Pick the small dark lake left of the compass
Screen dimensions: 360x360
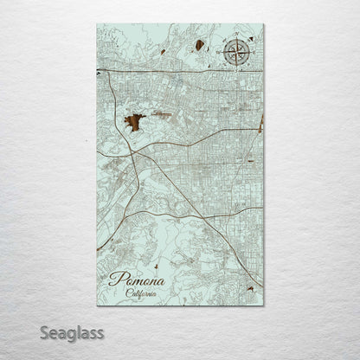(x=199, y=45)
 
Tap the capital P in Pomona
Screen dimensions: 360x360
(x=114, y=280)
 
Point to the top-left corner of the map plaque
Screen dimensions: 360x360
(x=98, y=24)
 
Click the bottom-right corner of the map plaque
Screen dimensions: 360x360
(x=263, y=305)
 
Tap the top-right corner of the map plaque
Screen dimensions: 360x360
(x=263, y=24)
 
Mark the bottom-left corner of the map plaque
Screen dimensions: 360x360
(x=98, y=305)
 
